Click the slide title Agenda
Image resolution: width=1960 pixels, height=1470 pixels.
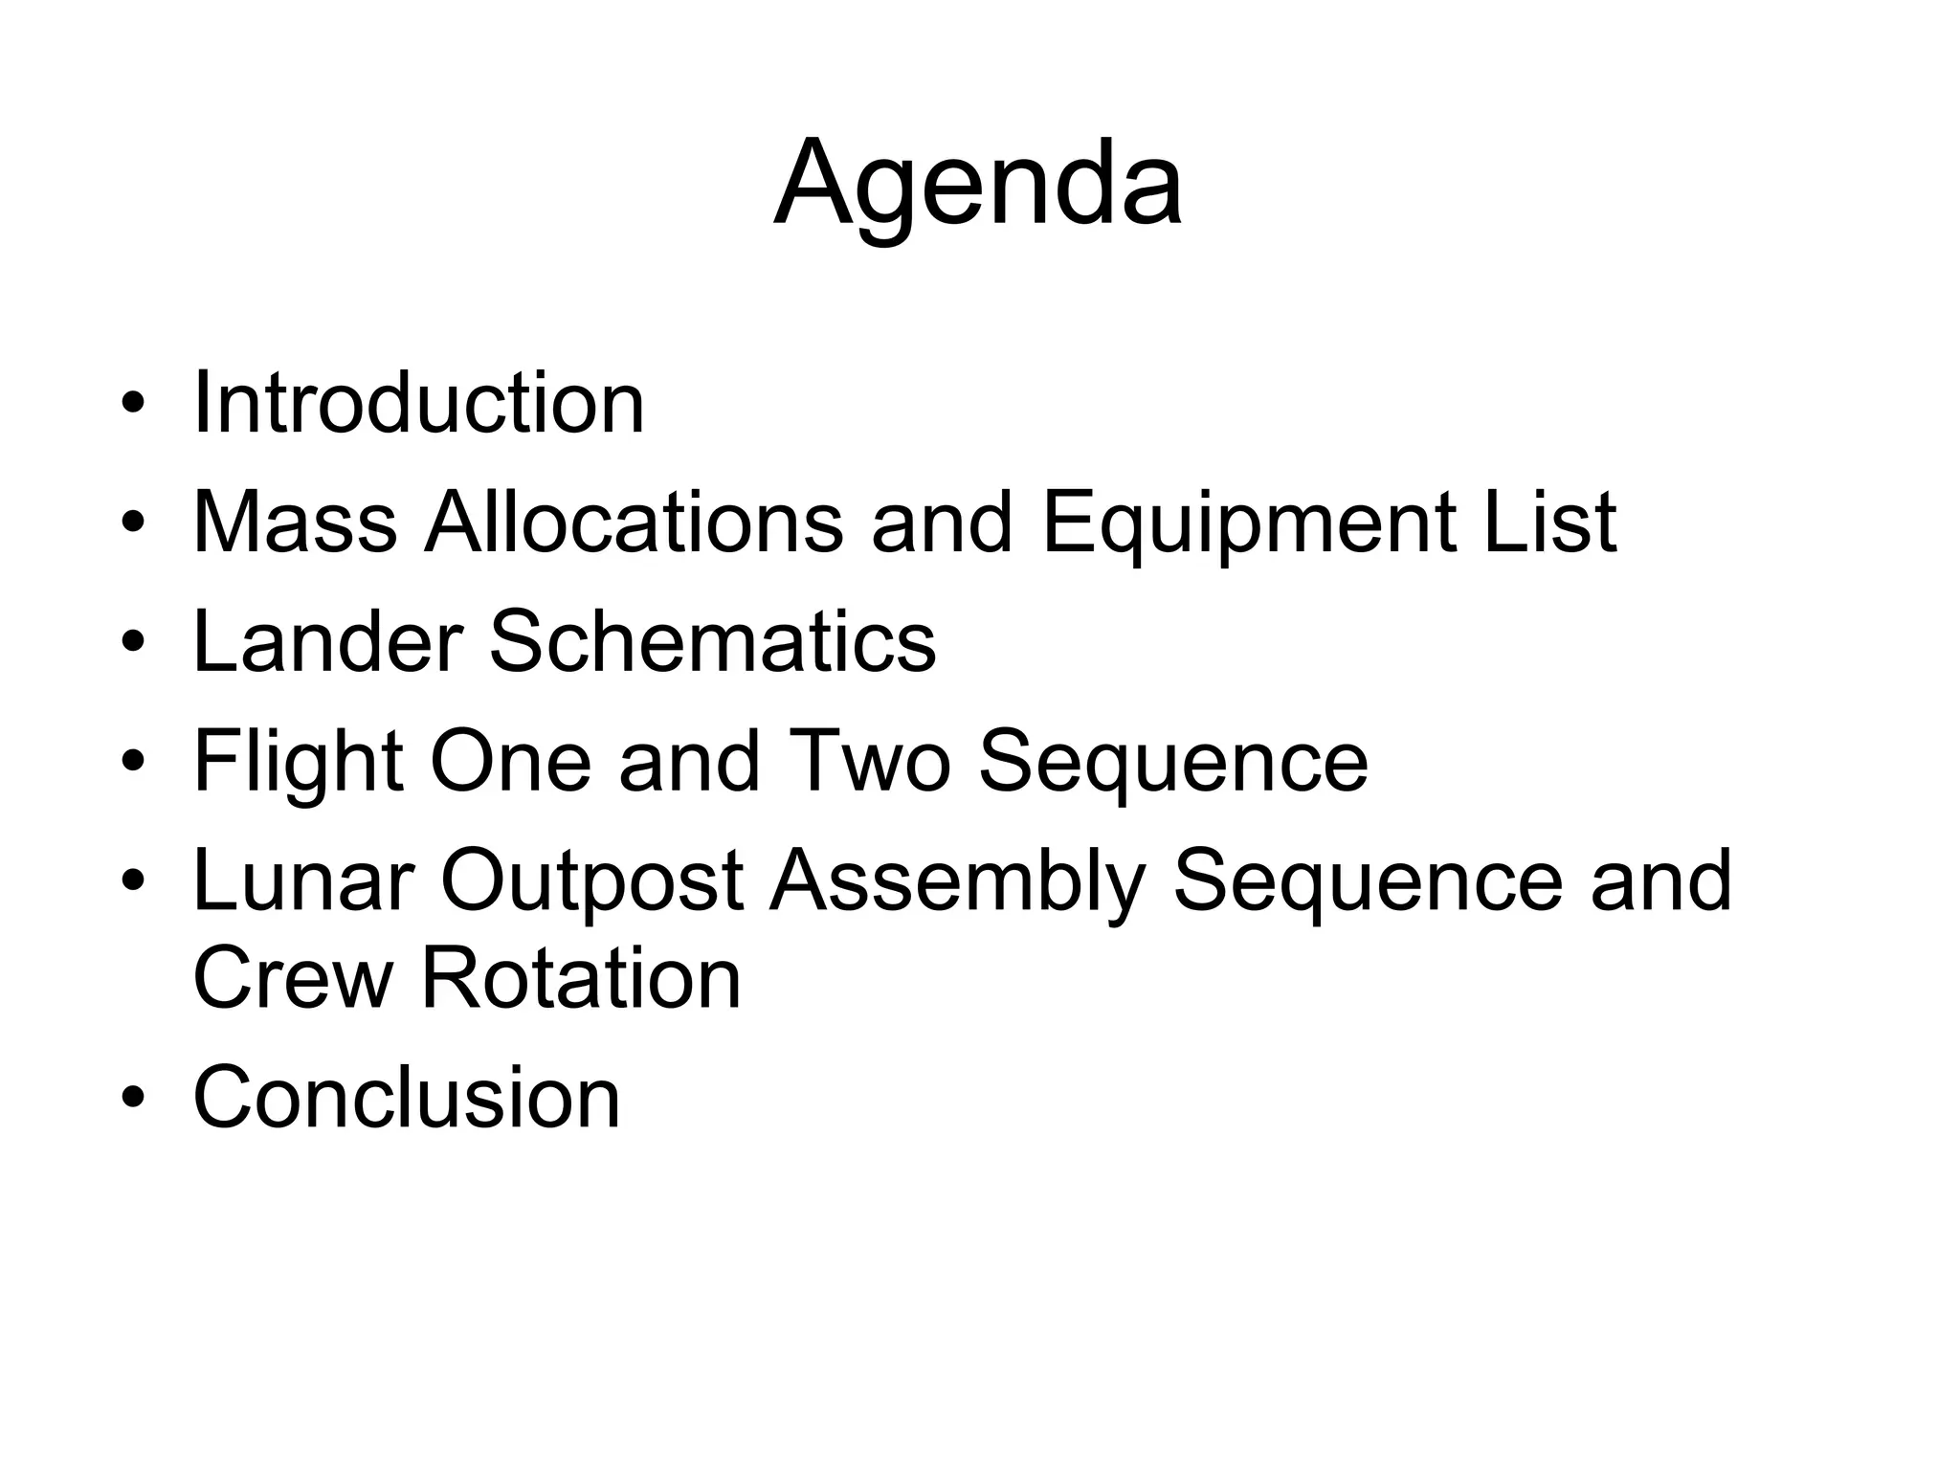point(978,184)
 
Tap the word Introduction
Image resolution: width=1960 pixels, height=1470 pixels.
point(419,404)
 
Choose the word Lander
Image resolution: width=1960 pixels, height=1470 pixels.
point(328,641)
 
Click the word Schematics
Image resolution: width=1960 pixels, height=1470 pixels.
point(713,641)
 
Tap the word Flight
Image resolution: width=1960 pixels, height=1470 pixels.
point(298,763)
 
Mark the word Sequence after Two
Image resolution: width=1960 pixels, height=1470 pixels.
point(1173,763)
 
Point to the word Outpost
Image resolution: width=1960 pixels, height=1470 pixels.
point(591,882)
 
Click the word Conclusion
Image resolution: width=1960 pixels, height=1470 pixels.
point(407,1097)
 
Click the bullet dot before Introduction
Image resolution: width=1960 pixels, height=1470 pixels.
point(133,406)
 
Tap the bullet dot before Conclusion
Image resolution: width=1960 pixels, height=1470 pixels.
point(133,1099)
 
